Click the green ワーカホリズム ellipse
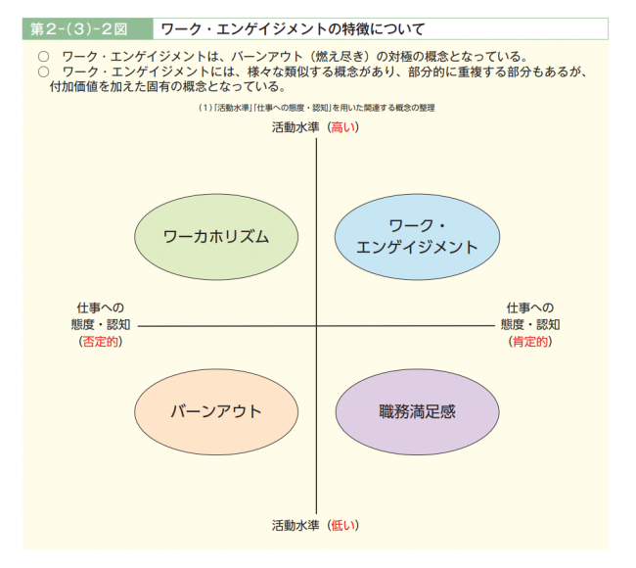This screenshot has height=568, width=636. pyautogui.click(x=216, y=237)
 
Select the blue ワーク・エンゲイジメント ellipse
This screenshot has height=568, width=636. pyautogui.click(x=417, y=237)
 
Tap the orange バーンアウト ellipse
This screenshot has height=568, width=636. pyautogui.click(x=216, y=411)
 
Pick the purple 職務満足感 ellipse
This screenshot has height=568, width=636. pyautogui.click(x=418, y=411)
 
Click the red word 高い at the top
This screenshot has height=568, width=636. pyautogui.click(x=343, y=127)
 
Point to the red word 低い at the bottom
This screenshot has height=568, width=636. pyautogui.click(x=343, y=525)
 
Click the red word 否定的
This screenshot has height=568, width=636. pyautogui.click(x=101, y=342)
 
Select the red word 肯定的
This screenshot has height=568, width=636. pyautogui.click(x=530, y=342)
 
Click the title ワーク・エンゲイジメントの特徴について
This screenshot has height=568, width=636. pyautogui.click(x=293, y=29)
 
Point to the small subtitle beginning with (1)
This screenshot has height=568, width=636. pyautogui.click(x=316, y=108)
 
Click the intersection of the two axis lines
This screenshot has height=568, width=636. pyautogui.click(x=316, y=325)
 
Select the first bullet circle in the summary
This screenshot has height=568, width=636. pyautogui.click(x=43, y=57)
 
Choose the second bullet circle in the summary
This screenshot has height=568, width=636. pyautogui.click(x=43, y=71)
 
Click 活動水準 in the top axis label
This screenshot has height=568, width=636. pyautogui.click(x=295, y=127)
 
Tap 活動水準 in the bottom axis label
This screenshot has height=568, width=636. pyautogui.click(x=295, y=525)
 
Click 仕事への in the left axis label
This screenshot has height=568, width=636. pyautogui.click(x=101, y=308)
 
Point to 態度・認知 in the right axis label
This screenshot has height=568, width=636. pyautogui.click(x=530, y=324)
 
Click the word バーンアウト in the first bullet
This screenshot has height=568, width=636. pyautogui.click(x=266, y=57)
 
